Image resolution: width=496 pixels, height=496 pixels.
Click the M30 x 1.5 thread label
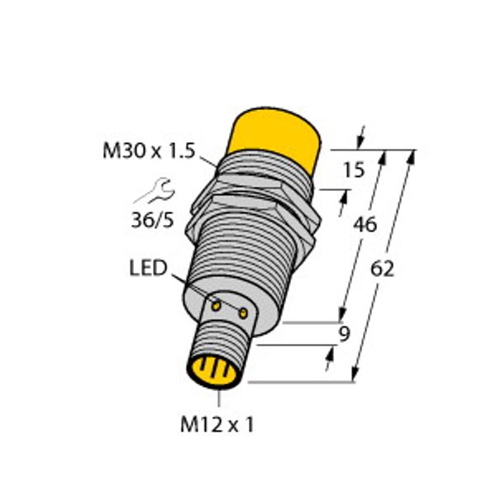click(x=149, y=151)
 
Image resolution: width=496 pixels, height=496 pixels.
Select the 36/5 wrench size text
click(x=153, y=220)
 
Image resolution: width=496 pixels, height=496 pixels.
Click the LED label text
click(x=148, y=268)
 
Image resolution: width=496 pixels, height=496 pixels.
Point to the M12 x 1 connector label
click(x=217, y=424)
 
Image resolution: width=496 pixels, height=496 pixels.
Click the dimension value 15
click(x=354, y=169)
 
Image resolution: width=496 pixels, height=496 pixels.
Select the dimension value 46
click(x=365, y=225)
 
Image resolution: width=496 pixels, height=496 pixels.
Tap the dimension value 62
click(x=382, y=269)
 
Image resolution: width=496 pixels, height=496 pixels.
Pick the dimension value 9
click(x=344, y=334)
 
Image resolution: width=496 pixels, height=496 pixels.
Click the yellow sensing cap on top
click(x=274, y=136)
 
